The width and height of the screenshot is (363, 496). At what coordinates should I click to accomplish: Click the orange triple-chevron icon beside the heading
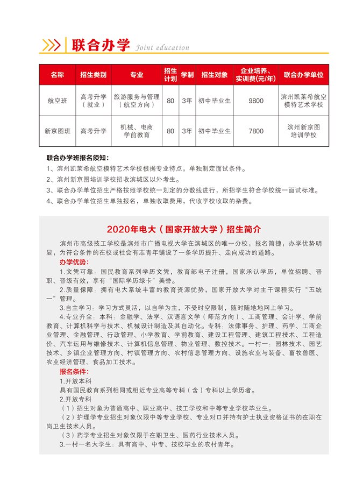pyautogui.click(x=51, y=46)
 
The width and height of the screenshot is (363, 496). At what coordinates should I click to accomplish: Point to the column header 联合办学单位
pyautogui.click(x=303, y=75)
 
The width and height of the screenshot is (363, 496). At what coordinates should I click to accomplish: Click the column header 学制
pyautogui.click(x=187, y=75)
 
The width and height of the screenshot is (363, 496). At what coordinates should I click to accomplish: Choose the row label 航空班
pyautogui.click(x=56, y=101)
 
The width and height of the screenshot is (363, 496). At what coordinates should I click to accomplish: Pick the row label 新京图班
pyautogui.click(x=56, y=131)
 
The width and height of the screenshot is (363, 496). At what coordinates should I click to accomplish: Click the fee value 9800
pyautogui.click(x=257, y=101)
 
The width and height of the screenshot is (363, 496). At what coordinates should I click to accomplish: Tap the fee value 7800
pyautogui.click(x=257, y=131)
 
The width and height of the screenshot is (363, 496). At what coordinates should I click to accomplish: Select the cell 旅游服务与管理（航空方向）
pyautogui.click(x=137, y=101)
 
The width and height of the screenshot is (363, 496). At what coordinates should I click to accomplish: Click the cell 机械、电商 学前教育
pyautogui.click(x=137, y=131)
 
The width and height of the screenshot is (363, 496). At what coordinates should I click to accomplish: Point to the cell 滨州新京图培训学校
pyautogui.click(x=303, y=131)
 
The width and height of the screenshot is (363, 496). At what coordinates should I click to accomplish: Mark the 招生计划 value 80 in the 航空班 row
pyautogui.click(x=170, y=101)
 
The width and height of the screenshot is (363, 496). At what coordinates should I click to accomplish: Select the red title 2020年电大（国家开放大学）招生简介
pyautogui.click(x=184, y=229)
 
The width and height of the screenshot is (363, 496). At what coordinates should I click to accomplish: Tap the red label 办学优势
pyautogui.click(x=73, y=261)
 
